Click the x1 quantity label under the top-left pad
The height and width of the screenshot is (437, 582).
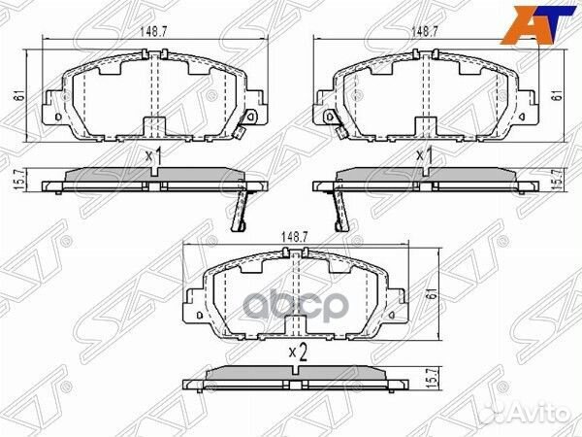[151, 155]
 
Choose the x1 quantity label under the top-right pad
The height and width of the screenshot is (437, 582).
[424, 155]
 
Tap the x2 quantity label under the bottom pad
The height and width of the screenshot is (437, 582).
[298, 353]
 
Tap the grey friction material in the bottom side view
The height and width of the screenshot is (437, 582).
[298, 374]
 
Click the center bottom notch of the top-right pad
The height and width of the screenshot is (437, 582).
[424, 127]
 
